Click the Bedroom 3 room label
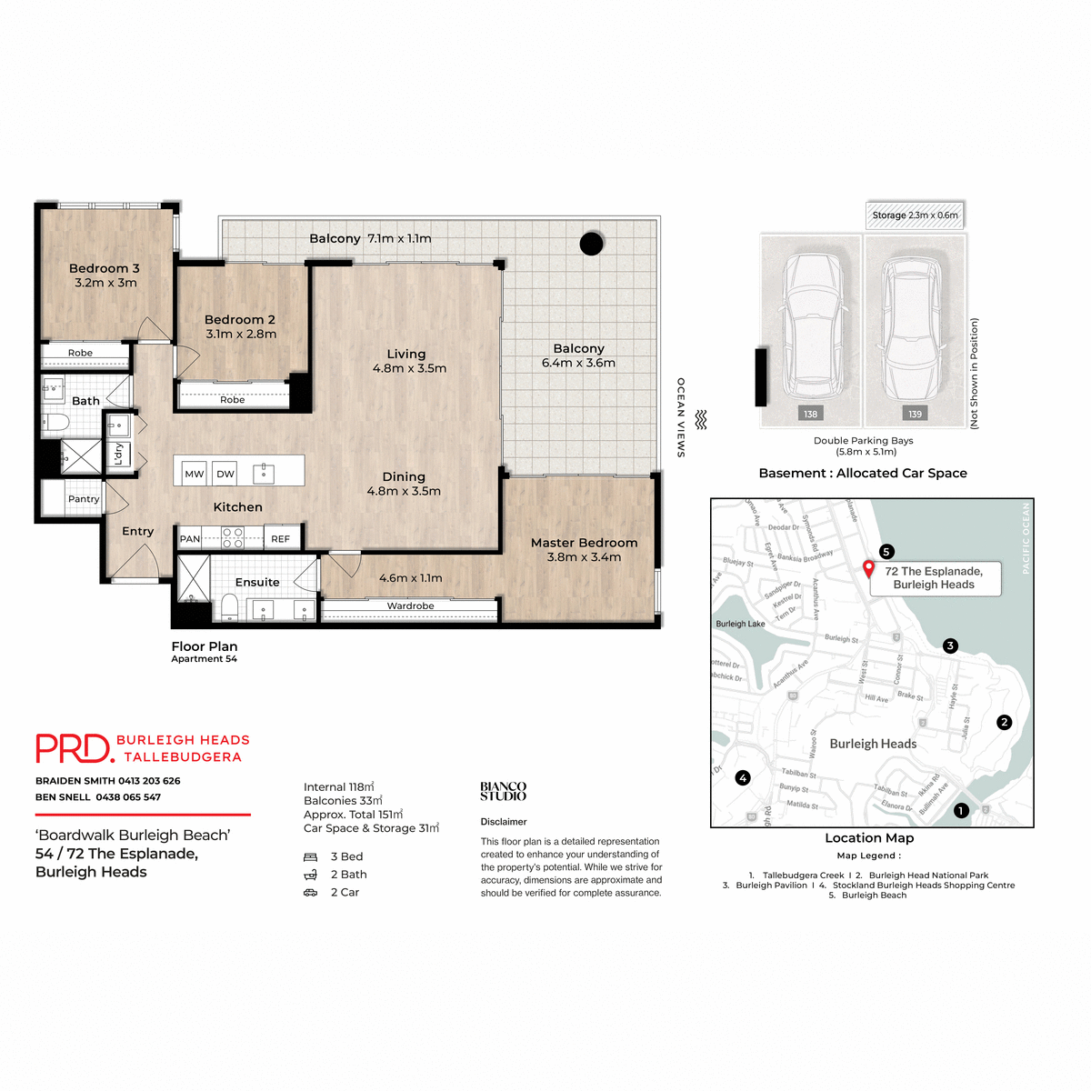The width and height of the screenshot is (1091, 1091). pos(105,268)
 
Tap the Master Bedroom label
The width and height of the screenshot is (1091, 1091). pos(584,543)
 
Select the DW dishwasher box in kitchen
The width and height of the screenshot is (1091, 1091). pos(225,474)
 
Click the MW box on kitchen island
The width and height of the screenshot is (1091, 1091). pos(195,474)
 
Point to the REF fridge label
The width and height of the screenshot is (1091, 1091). pos(280,539)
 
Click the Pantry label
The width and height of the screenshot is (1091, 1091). pos(84,499)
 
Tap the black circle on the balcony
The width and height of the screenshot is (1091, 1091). pos(592,244)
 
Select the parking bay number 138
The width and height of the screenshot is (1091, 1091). pos(810,414)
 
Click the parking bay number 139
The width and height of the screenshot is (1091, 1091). pos(915,414)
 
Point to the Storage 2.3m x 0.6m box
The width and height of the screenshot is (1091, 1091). pos(915,215)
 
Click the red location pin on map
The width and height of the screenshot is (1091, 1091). pos(868,568)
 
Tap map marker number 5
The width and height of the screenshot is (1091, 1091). pos(886,552)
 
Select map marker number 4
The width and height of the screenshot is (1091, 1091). pos(743,777)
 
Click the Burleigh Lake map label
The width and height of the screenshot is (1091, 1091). pos(740,624)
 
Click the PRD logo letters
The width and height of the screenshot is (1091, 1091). pos(73,748)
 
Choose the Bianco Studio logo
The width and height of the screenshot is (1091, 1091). pos(503,791)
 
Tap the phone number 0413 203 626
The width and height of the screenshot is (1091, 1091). pos(149,781)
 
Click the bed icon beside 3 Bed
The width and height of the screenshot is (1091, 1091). pos(310,856)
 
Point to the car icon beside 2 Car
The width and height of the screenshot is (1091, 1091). pos(310,893)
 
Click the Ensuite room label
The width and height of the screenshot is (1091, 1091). pos(257,582)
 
